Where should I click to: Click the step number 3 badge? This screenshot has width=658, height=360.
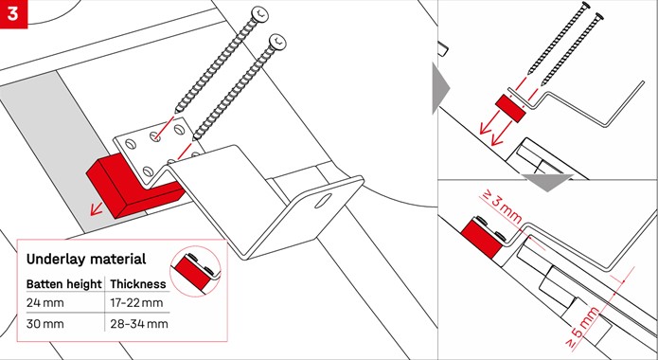pyautogui.click(x=13, y=14)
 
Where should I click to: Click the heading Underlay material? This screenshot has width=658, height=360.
pyautogui.click(x=86, y=260)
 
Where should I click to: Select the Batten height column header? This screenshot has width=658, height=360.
pyautogui.click(x=63, y=284)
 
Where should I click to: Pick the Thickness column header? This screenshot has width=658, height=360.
pyautogui.click(x=138, y=284)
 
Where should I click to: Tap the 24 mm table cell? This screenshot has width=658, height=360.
pyautogui.click(x=44, y=303)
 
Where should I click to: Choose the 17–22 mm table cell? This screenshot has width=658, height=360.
pyautogui.click(x=136, y=303)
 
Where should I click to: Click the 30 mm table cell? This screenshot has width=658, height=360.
pyautogui.click(x=44, y=324)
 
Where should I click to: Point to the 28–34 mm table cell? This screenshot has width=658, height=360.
pyautogui.click(x=139, y=324)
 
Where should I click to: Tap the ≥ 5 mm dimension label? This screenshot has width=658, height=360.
pyautogui.click(x=581, y=328)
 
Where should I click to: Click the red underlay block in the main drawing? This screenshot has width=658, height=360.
pyautogui.click(x=135, y=185)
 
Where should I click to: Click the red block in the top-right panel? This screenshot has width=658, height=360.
pyautogui.click(x=511, y=108)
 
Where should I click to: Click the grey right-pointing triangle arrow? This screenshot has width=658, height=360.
pyautogui.click(x=440, y=88)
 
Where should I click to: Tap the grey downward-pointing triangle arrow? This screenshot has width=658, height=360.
pyautogui.click(x=546, y=182)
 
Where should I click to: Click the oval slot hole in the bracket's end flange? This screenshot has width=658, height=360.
pyautogui.click(x=322, y=201)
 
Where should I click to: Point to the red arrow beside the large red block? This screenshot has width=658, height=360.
pyautogui.click(x=98, y=207)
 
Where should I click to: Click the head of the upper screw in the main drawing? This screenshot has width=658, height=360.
pyautogui.click(x=259, y=14)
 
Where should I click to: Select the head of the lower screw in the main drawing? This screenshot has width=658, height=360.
pyautogui.click(x=278, y=42)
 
